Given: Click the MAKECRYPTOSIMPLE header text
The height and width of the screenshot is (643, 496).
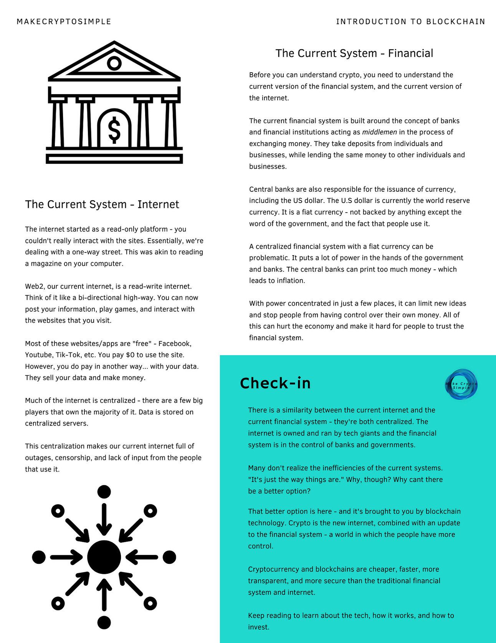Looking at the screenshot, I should (64, 22).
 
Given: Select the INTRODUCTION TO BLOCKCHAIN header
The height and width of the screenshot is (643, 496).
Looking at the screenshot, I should (410, 22).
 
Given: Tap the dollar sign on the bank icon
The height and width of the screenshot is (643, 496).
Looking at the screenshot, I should (114, 130).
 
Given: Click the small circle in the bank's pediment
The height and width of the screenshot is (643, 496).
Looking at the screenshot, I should (114, 63).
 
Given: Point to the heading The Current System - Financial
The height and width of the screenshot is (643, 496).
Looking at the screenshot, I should (354, 53).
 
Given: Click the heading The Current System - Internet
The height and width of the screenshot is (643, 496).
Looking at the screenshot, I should (102, 204).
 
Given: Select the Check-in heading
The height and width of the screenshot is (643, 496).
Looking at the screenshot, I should (275, 383).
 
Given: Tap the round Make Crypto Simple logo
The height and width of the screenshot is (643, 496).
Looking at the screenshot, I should (461, 384).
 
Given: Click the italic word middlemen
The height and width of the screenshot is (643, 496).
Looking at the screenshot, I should (379, 132).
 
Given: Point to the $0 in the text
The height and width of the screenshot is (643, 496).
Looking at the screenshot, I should (130, 355).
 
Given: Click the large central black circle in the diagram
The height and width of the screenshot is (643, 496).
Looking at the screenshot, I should (104, 557).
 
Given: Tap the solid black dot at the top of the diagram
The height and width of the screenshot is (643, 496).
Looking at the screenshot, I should (104, 492).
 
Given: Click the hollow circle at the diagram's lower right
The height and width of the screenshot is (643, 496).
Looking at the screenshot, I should (150, 603).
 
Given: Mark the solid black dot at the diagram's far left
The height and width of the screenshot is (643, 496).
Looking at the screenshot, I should (39, 557).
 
